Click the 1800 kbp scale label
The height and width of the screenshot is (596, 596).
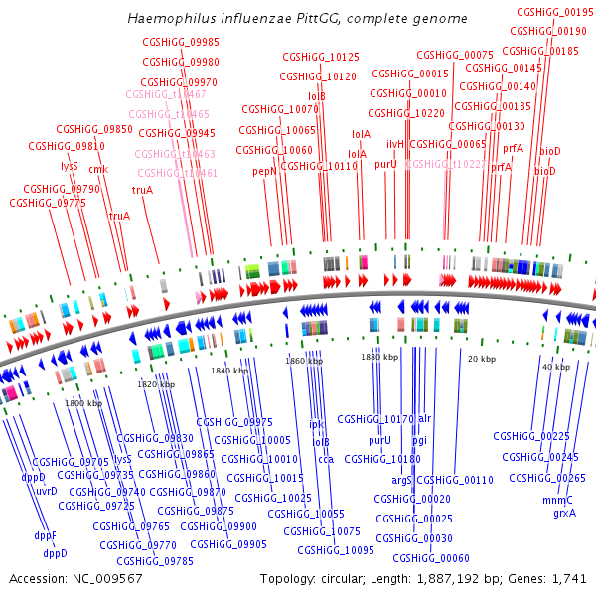point(82,404)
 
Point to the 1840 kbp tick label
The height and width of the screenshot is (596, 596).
point(227,371)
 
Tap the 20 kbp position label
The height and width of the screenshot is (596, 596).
point(482,358)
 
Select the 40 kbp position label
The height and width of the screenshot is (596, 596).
point(555,367)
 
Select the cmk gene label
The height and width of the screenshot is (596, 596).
point(98,169)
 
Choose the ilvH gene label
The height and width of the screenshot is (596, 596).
point(395,144)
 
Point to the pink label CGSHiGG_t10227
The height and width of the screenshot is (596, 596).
point(447,164)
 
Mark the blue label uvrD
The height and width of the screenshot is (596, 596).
point(47,491)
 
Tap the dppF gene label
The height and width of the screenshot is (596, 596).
point(46,536)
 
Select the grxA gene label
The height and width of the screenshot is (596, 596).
point(564,514)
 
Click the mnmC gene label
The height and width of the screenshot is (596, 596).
point(558,500)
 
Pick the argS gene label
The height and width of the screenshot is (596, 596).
point(402,480)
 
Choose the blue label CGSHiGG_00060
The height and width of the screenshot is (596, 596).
point(431,558)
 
